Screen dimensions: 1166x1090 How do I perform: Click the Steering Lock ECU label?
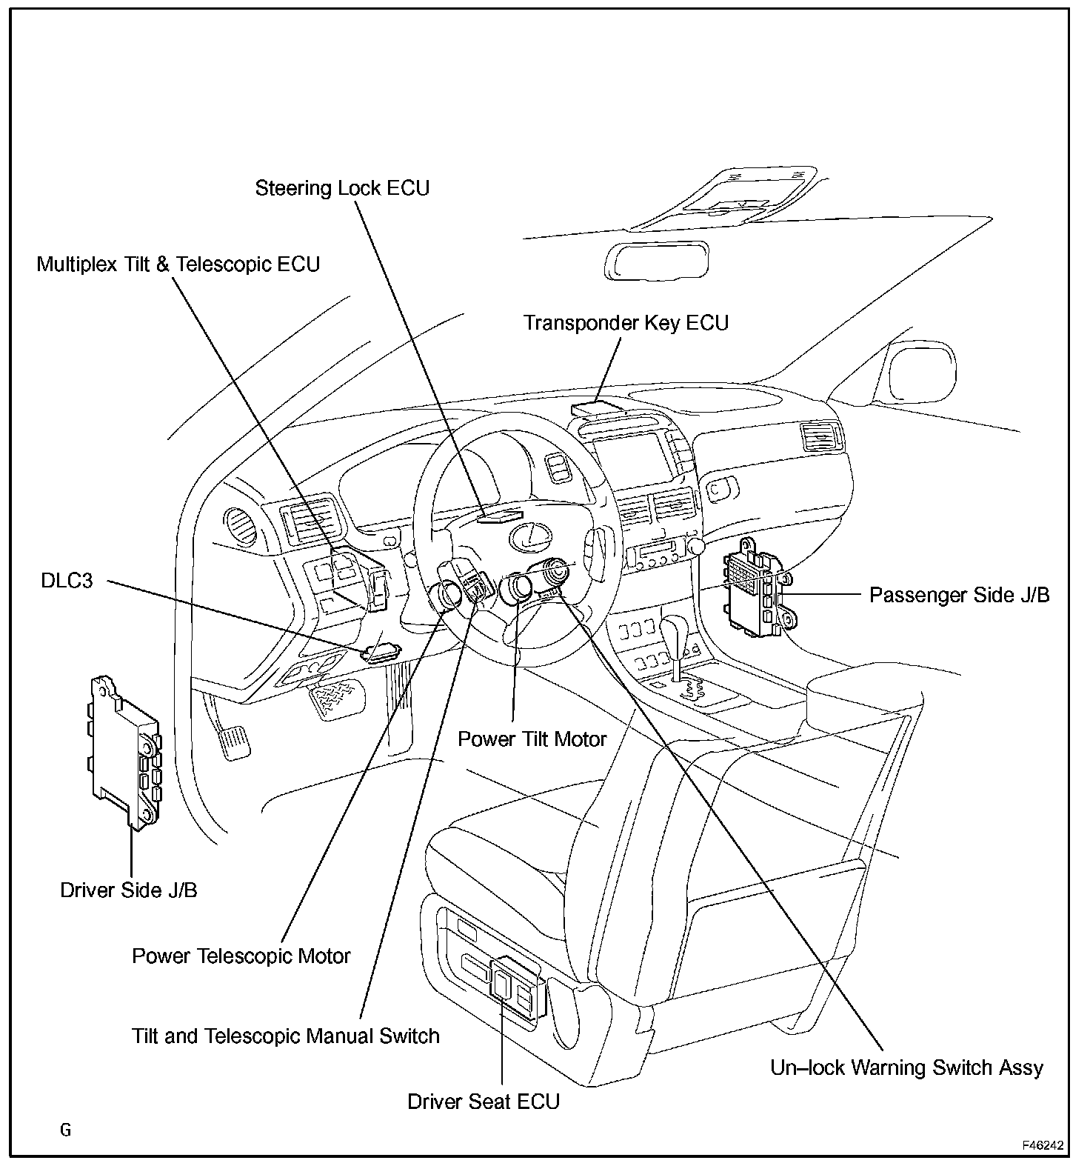(x=342, y=188)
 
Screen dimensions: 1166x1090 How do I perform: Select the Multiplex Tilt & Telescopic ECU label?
(x=178, y=264)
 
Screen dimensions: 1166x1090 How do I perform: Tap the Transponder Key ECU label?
(x=626, y=323)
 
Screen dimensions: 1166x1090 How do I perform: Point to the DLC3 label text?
(x=67, y=581)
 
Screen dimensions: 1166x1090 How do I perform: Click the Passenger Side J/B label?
(x=959, y=595)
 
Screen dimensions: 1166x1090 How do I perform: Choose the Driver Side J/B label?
(x=129, y=890)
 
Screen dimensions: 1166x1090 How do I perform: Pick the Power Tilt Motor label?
(x=532, y=739)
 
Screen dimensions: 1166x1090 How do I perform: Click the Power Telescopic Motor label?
(x=241, y=956)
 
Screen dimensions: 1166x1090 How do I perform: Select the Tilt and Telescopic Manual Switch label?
(x=285, y=1036)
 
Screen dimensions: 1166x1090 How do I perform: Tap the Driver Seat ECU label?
(x=484, y=1102)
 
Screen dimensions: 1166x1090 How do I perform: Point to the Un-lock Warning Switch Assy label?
(x=906, y=1067)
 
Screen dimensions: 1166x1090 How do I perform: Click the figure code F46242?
(x=1043, y=1145)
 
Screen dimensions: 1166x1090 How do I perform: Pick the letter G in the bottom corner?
(x=66, y=1130)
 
